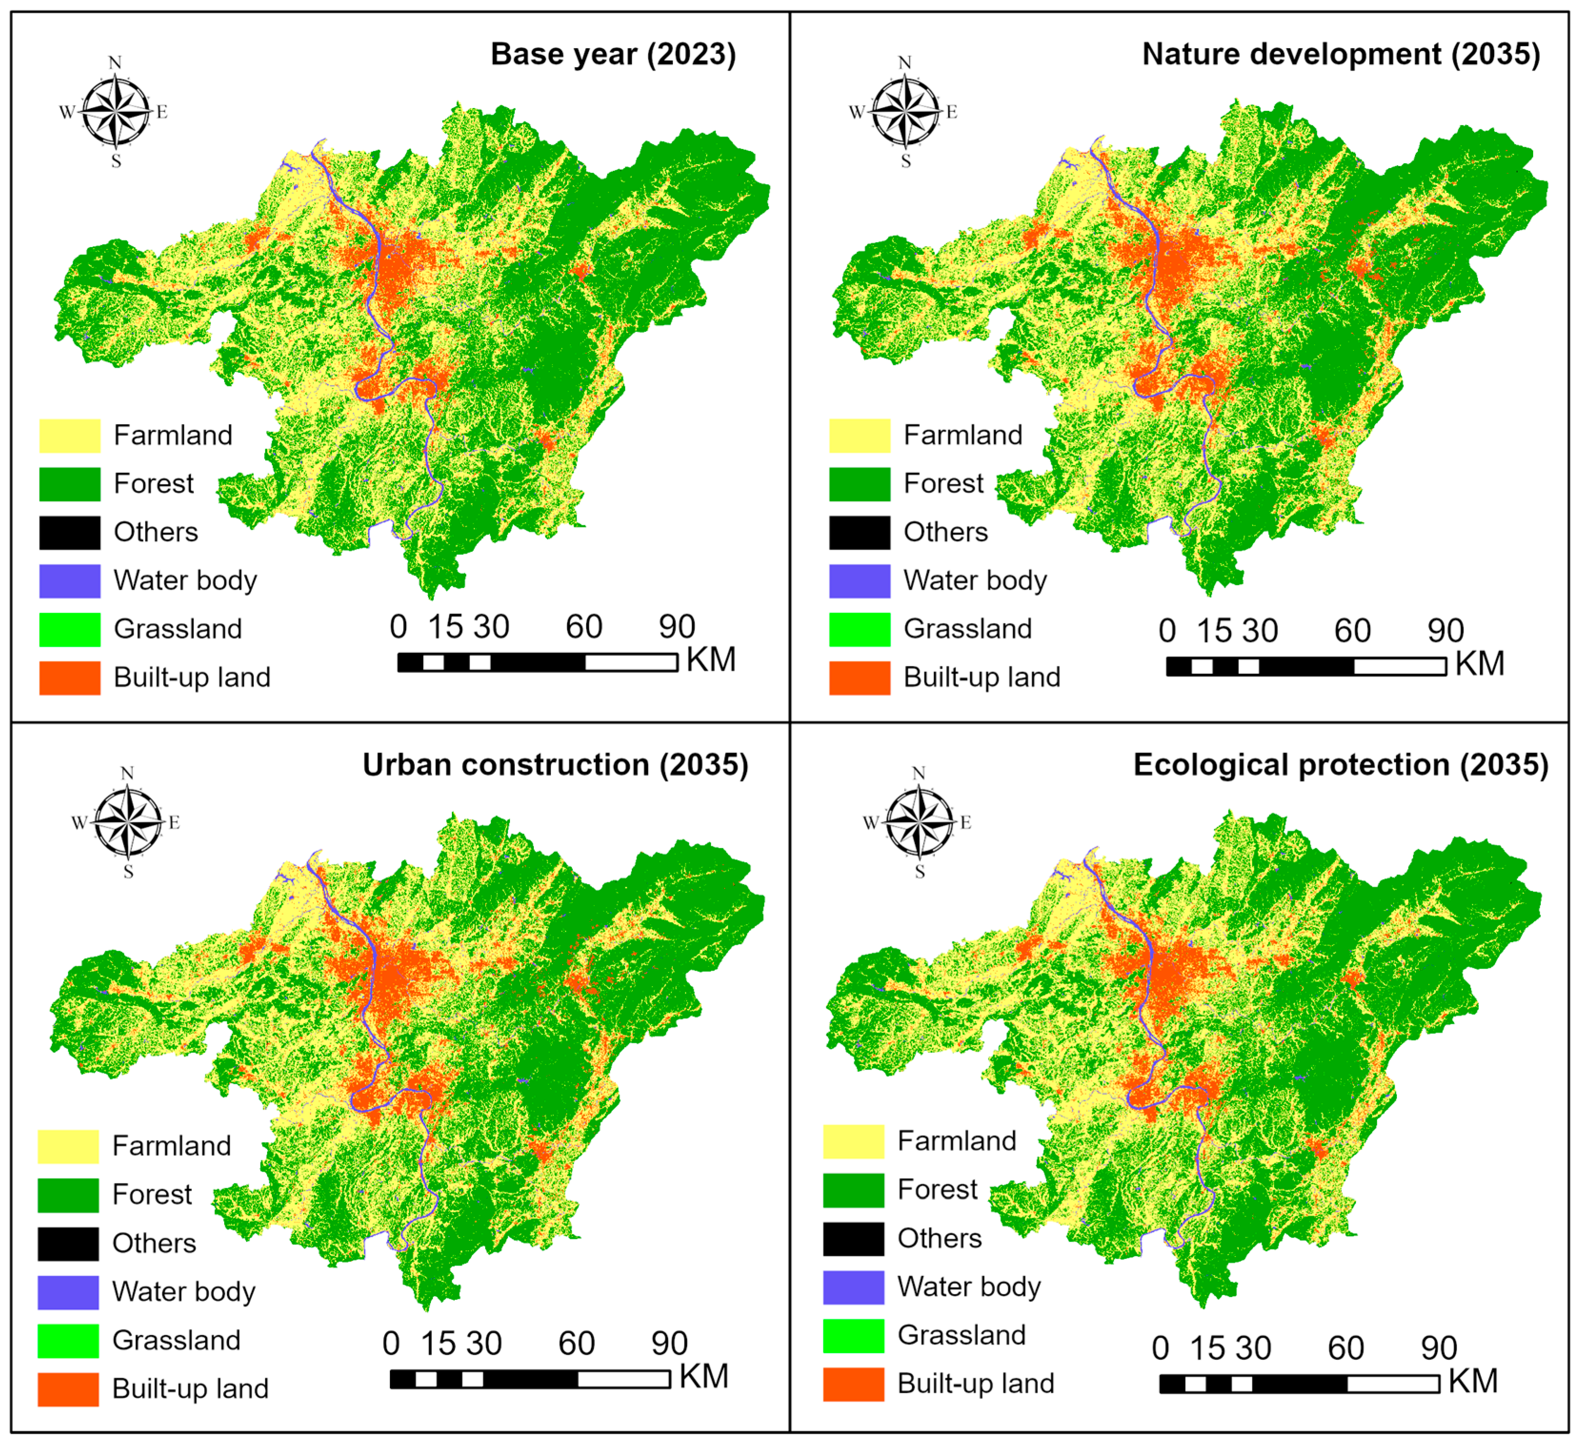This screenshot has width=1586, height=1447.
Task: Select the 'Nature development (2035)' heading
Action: tap(1340, 54)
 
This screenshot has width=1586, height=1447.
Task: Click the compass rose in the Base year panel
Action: tap(116, 112)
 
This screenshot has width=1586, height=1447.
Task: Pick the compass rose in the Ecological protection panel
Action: tap(919, 823)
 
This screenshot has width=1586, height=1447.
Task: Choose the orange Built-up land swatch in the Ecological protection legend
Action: tap(854, 1384)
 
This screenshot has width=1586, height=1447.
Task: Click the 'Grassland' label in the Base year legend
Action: tap(178, 629)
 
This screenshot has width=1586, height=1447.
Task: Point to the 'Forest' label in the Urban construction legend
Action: tap(152, 1195)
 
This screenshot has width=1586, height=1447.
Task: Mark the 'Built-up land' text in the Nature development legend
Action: tap(982, 677)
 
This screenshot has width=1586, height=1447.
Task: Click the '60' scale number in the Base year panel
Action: tap(584, 627)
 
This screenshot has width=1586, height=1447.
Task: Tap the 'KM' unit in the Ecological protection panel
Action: tap(1473, 1381)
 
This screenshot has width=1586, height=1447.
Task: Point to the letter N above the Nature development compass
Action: tap(905, 62)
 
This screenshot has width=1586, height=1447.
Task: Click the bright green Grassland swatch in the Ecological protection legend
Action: tap(854, 1335)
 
